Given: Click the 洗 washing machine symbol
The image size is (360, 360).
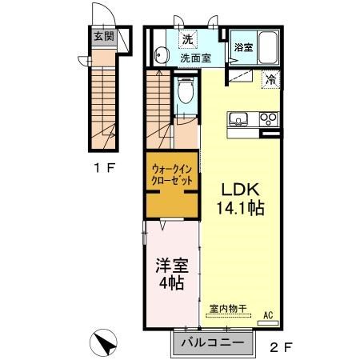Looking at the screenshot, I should [187, 39].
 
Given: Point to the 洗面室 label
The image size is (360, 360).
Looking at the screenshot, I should [194, 58].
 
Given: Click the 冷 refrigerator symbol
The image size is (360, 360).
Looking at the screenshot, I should [272, 79].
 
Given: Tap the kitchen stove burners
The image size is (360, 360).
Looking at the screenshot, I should [269, 121].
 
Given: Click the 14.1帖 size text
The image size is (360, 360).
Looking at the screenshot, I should [239, 209].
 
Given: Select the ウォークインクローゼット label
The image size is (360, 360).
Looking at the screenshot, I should [171, 175].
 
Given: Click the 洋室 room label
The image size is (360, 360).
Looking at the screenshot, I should [170, 264].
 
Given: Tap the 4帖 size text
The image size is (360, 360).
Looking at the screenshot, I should [171, 282].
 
